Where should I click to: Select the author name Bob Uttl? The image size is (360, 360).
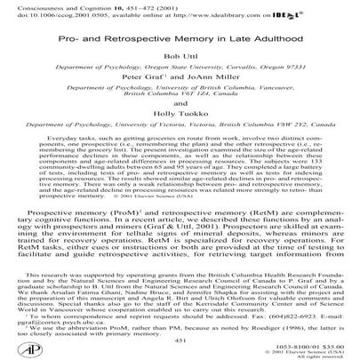[x=179, y=68]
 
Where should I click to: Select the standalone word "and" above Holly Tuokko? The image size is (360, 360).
[x=179, y=125]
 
